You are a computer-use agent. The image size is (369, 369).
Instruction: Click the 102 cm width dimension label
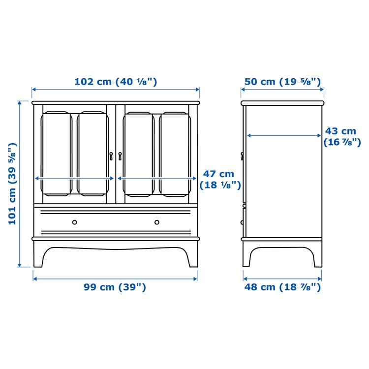click(116, 82)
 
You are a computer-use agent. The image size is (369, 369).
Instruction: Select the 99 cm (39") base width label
click(115, 287)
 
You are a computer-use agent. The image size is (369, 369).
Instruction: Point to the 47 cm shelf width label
click(219, 179)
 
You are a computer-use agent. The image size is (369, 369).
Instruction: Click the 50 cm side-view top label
click(282, 82)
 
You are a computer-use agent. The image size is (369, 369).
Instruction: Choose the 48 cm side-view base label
click(282, 287)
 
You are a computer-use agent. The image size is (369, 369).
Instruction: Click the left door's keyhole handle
click(112, 155)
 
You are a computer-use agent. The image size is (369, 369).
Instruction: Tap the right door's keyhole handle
click(120, 155)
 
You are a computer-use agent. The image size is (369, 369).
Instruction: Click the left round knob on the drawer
click(75, 222)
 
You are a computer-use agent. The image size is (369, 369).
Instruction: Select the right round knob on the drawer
click(157, 222)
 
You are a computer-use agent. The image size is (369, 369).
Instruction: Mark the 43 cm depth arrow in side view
click(284, 135)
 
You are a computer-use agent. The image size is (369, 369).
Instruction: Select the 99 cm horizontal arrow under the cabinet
click(115, 278)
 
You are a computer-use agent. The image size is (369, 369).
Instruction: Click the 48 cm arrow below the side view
click(282, 278)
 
